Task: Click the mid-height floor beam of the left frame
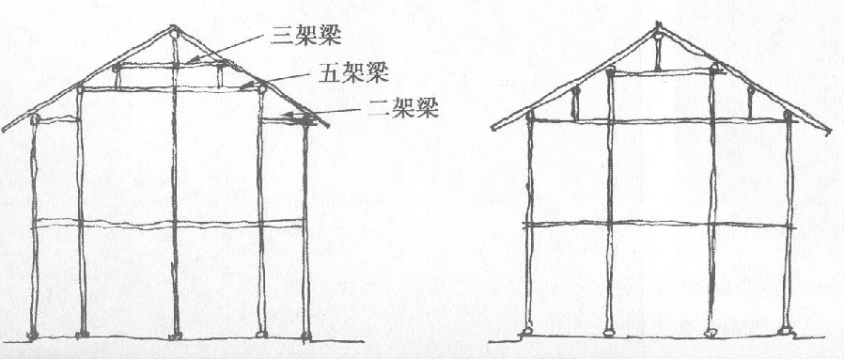click(169, 224)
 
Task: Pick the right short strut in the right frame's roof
click(749, 104)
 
